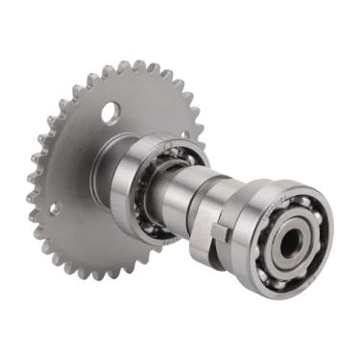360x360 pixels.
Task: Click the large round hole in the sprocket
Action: (110, 112)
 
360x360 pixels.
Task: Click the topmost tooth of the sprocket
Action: (125, 64)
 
